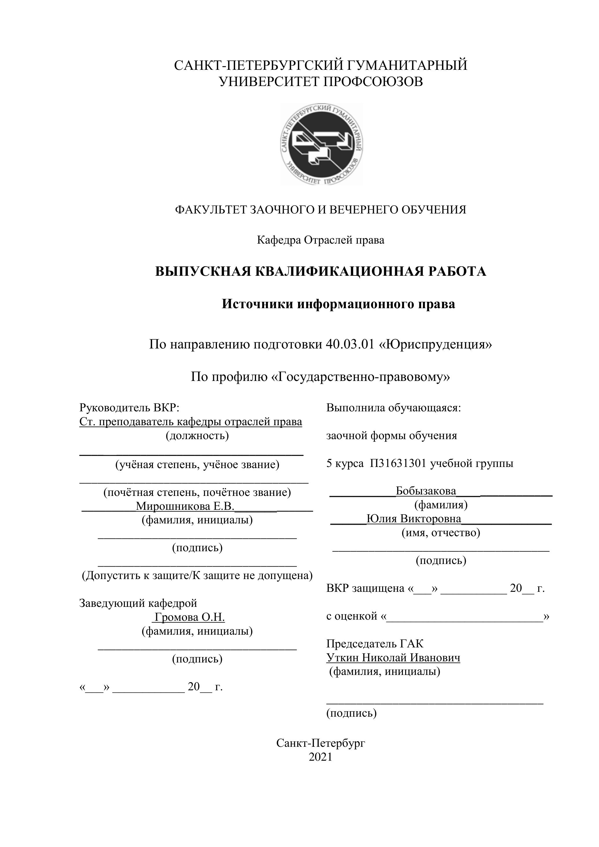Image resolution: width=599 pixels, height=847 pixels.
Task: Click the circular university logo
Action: click(x=321, y=144)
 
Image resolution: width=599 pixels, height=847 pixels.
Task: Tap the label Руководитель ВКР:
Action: click(x=129, y=408)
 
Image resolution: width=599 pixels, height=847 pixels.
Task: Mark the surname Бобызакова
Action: click(x=426, y=491)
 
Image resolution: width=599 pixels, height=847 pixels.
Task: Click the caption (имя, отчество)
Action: click(x=441, y=533)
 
